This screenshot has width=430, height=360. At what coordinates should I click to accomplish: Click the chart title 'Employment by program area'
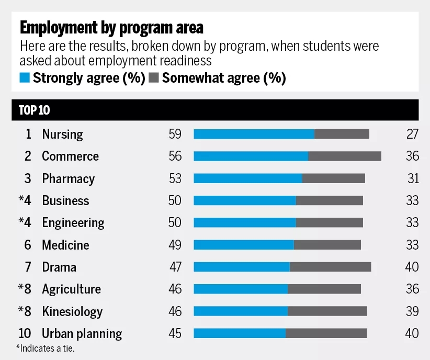click(x=111, y=27)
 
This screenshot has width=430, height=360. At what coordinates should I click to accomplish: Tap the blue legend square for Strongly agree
click(x=25, y=78)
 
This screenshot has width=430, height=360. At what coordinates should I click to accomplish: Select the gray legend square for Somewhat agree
click(x=154, y=78)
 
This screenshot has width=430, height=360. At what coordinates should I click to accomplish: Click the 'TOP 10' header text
click(x=35, y=110)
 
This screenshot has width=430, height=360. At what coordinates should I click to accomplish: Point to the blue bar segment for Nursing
click(x=254, y=134)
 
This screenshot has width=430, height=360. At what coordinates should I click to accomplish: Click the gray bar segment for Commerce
click(x=344, y=156)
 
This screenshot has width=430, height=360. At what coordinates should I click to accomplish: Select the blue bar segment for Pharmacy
click(x=248, y=178)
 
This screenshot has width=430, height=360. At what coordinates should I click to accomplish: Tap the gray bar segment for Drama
click(x=330, y=267)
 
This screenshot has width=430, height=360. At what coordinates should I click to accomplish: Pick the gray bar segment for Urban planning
click(x=326, y=333)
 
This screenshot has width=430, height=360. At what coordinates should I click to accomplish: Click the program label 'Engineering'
click(x=73, y=223)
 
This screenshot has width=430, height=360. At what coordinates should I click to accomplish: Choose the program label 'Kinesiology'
click(x=72, y=311)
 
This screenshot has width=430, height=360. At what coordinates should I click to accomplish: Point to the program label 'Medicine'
click(x=65, y=245)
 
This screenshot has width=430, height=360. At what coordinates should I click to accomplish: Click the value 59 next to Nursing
click(x=175, y=134)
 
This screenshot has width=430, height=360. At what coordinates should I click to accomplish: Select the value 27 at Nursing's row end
click(x=412, y=134)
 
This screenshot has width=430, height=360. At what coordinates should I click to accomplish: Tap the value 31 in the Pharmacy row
click(x=413, y=178)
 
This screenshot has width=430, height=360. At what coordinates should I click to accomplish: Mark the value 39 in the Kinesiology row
click(x=412, y=311)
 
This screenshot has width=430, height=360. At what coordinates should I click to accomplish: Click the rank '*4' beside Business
click(x=25, y=200)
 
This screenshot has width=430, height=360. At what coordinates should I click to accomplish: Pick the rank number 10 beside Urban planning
click(x=25, y=333)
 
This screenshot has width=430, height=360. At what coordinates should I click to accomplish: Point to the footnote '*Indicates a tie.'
click(x=46, y=348)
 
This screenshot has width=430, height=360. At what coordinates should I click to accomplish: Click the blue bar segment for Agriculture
click(x=241, y=289)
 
